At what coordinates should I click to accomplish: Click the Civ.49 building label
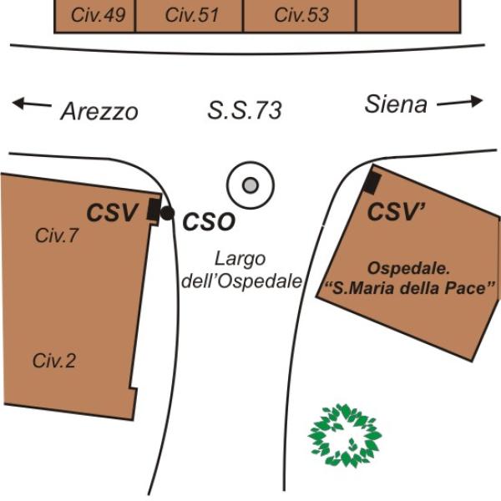point(94,15)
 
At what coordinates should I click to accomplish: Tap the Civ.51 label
point(191,15)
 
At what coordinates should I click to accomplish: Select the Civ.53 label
point(301,15)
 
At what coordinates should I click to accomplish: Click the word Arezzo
point(99,111)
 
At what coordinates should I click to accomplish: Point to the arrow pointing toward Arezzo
point(31,104)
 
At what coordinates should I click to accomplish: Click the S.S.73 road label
point(244,109)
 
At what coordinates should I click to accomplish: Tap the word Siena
point(396,104)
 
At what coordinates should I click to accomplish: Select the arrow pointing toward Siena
point(460,103)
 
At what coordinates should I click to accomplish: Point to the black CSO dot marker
point(167,214)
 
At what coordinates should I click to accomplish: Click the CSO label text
point(209,221)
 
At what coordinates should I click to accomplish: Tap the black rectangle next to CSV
point(153,210)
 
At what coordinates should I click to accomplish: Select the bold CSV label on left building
point(112,214)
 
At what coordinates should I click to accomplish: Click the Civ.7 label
point(57,236)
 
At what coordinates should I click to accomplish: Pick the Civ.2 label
point(54,361)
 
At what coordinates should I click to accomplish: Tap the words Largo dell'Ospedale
point(240,269)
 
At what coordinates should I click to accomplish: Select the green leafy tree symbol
point(344,434)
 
